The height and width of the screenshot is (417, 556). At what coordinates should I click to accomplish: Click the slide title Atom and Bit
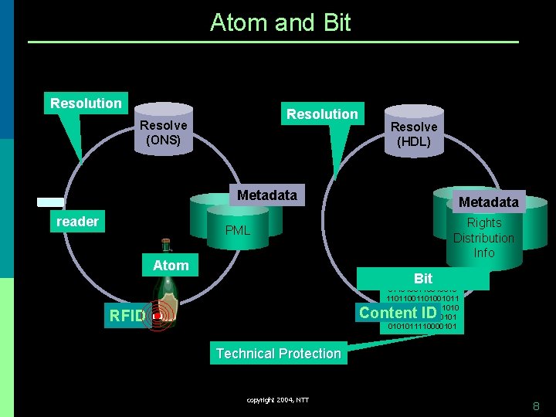click(x=280, y=22)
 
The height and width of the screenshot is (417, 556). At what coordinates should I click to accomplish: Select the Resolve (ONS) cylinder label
click(x=163, y=132)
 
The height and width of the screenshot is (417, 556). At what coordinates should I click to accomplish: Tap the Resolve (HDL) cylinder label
click(x=413, y=134)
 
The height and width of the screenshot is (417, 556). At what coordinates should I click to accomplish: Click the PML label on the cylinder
click(x=238, y=230)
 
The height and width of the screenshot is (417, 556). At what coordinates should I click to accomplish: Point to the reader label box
click(x=77, y=222)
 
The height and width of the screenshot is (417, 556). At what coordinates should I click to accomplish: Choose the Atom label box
click(x=171, y=265)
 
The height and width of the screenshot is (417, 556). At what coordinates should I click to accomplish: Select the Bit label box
click(x=423, y=278)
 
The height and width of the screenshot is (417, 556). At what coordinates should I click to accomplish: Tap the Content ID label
click(x=398, y=312)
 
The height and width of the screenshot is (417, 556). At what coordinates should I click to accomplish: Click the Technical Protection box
click(x=278, y=354)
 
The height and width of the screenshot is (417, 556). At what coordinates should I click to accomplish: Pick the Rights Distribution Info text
click(x=484, y=238)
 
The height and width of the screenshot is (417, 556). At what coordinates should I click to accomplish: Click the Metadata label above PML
click(x=267, y=195)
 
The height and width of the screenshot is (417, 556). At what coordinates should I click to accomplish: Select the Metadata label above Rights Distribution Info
click(x=488, y=202)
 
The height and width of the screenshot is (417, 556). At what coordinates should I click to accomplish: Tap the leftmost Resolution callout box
click(x=86, y=103)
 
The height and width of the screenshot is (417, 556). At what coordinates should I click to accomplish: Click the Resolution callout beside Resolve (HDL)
click(x=322, y=114)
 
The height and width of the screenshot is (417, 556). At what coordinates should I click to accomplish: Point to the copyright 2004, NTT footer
click(x=278, y=400)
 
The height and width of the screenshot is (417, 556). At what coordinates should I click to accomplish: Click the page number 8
click(x=536, y=405)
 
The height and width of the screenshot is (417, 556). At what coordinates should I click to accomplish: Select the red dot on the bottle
click(x=157, y=316)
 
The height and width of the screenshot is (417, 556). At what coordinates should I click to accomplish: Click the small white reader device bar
click(x=51, y=202)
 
